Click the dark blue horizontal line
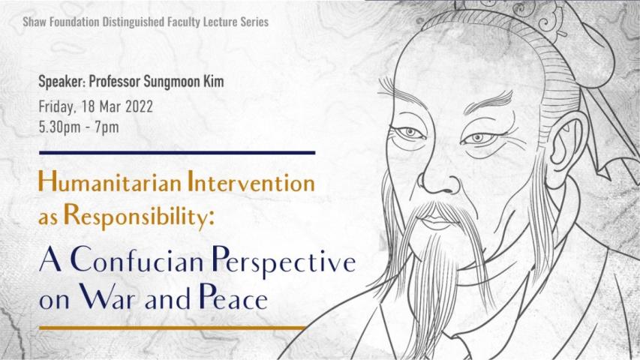tap(176, 152)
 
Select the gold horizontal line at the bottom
tap(172, 328)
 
